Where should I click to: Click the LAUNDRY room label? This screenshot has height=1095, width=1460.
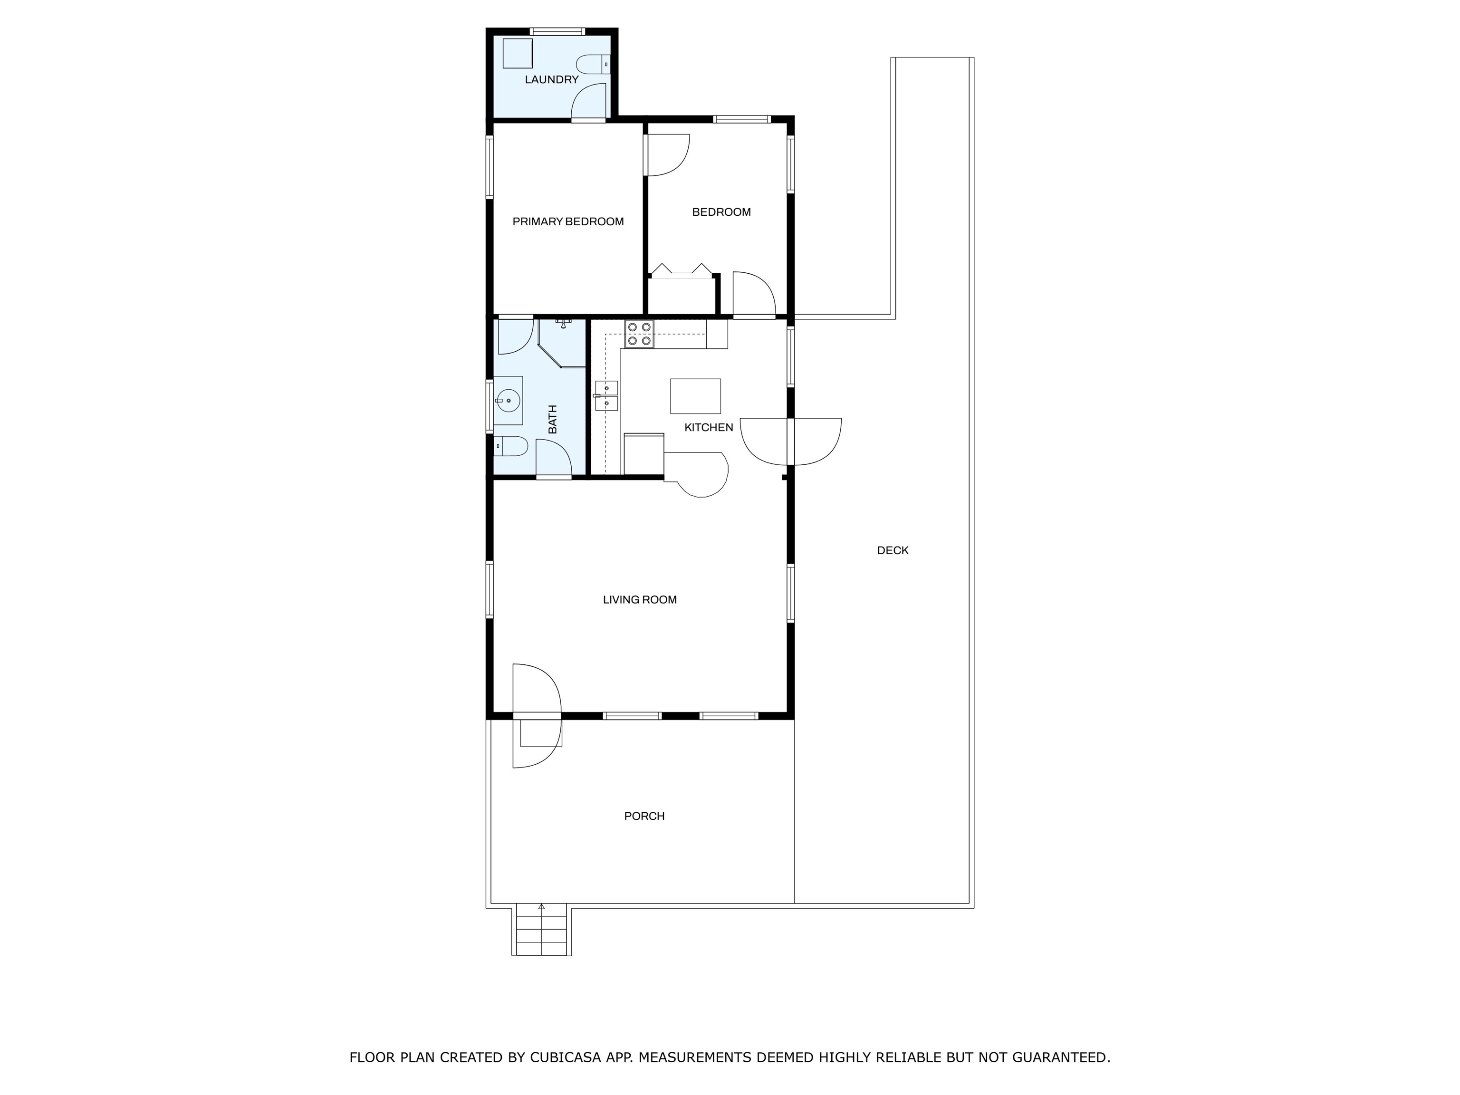551,80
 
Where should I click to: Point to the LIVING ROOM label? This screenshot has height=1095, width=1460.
640,600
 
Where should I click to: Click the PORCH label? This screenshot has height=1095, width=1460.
644,816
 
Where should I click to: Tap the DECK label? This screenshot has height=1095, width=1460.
893,550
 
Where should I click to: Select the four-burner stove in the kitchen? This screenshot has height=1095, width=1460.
639,334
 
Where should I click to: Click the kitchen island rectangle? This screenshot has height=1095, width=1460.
695,396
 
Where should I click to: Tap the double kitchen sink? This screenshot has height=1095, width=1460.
606,395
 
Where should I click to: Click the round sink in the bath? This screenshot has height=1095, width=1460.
508,401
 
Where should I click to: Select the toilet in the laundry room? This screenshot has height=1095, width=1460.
593,65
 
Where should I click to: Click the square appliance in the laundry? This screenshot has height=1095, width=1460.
518,53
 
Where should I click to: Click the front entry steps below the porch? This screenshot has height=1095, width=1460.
541,931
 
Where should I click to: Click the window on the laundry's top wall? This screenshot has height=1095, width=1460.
558,31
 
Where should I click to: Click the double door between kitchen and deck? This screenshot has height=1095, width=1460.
791,442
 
